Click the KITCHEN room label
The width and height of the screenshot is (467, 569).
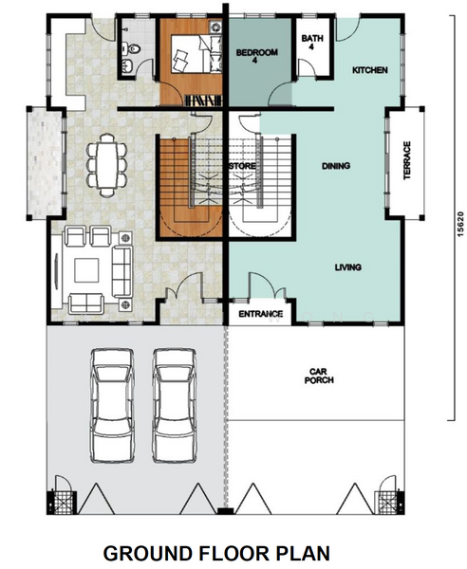(369, 70)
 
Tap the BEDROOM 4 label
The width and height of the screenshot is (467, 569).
(256, 56)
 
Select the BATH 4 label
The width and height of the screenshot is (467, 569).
(312, 42)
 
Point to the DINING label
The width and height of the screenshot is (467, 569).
(336, 166)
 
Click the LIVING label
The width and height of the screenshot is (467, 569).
(348, 267)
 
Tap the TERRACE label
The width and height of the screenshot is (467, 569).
(406, 160)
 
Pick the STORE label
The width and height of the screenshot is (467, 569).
(242, 166)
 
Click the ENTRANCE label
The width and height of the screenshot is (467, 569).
(260, 314)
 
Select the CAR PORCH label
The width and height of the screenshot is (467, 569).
(319, 376)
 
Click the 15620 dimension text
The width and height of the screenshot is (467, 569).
(460, 224)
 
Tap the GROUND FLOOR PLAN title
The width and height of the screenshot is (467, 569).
(216, 554)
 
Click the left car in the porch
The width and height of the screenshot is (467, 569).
(112, 406)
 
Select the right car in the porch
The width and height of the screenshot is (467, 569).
(175, 406)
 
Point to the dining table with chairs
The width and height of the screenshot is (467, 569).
(106, 165)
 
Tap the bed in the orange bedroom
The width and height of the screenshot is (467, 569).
(192, 54)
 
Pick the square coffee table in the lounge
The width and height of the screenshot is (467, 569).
(86, 270)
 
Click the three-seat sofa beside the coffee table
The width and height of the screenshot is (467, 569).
(122, 270)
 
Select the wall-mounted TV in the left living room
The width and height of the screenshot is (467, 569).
(56, 271)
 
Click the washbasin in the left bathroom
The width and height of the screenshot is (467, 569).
(128, 66)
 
